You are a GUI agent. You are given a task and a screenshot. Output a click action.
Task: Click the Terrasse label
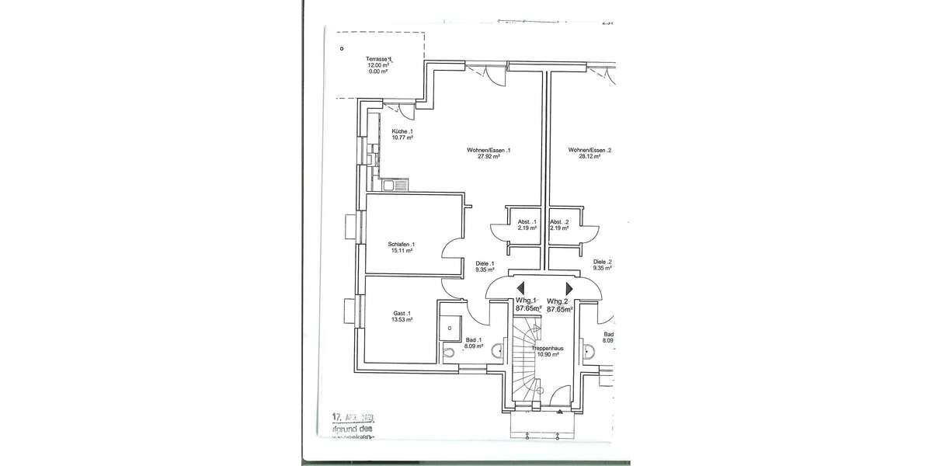tap(379, 59)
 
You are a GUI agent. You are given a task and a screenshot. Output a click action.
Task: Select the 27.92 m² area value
tap(489, 156)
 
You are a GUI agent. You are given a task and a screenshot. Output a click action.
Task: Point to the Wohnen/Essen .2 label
tap(589, 150)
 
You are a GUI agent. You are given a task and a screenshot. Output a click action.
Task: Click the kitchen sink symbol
tap(394, 186)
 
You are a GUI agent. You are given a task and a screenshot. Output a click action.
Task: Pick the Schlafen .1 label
tap(400, 245)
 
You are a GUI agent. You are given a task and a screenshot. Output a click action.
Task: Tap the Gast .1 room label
tap(402, 314)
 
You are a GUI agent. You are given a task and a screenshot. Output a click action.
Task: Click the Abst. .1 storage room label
tap(527, 222)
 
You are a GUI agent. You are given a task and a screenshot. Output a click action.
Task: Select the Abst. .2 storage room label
tap(559, 222)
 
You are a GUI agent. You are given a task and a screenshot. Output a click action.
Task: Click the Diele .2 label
tap(602, 263)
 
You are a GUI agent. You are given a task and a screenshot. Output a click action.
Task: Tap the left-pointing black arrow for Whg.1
tap(521, 288)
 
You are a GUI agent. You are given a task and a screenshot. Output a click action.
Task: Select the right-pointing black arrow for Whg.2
tap(569, 288)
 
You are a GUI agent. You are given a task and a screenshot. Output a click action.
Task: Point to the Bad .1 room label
tap(473, 340)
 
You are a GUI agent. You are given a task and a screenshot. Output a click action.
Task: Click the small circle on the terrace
tap(342, 48)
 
